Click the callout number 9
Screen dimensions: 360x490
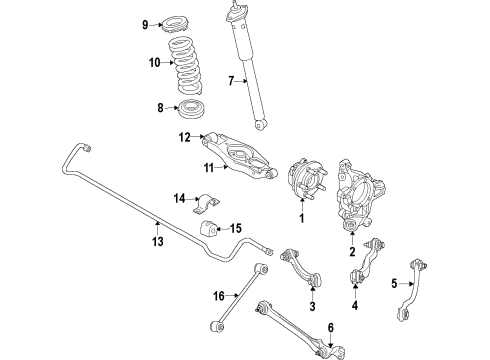click(146, 24)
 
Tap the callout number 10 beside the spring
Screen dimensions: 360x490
click(153, 62)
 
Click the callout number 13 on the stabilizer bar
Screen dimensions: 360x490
click(155, 240)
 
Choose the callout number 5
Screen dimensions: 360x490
click(394, 282)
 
